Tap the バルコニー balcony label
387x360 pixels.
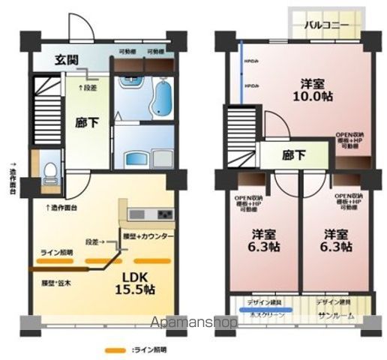point(328,25)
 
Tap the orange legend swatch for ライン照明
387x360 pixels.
point(115,349)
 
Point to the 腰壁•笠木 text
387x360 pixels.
point(56,284)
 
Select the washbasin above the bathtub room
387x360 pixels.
point(136,158)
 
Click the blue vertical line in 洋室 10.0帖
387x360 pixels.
point(241,70)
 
